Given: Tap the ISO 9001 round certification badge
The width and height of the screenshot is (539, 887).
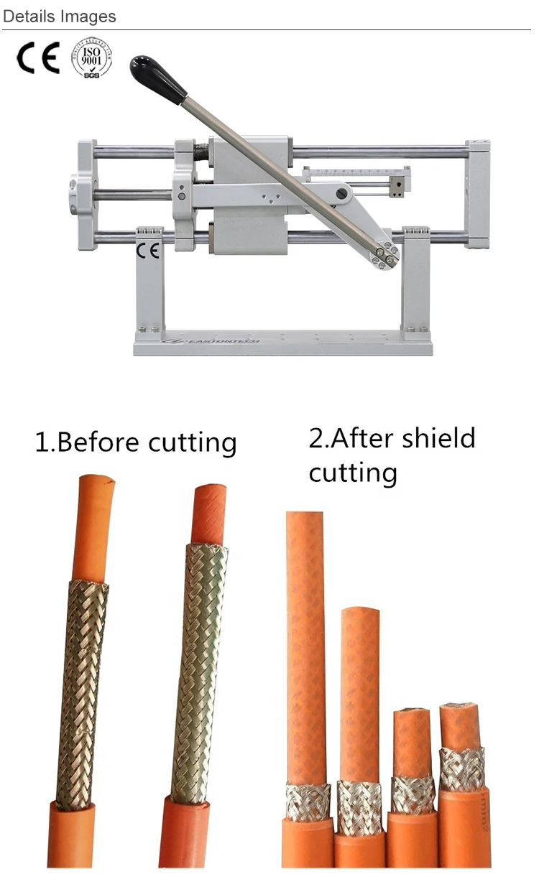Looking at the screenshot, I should pos(91,58).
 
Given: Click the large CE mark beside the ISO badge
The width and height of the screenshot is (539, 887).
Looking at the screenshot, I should pos(38,58).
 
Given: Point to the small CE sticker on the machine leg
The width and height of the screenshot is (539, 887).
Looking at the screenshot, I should pos(149,252).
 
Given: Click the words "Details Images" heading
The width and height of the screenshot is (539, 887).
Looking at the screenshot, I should pos(59,17).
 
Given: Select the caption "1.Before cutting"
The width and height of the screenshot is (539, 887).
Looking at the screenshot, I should pos(136,442).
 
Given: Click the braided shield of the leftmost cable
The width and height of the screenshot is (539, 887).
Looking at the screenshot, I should pos(80,689).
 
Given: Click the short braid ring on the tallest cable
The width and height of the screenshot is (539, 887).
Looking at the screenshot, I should pos(308,802).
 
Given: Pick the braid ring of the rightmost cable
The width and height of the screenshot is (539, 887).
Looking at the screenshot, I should pos(461,768).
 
